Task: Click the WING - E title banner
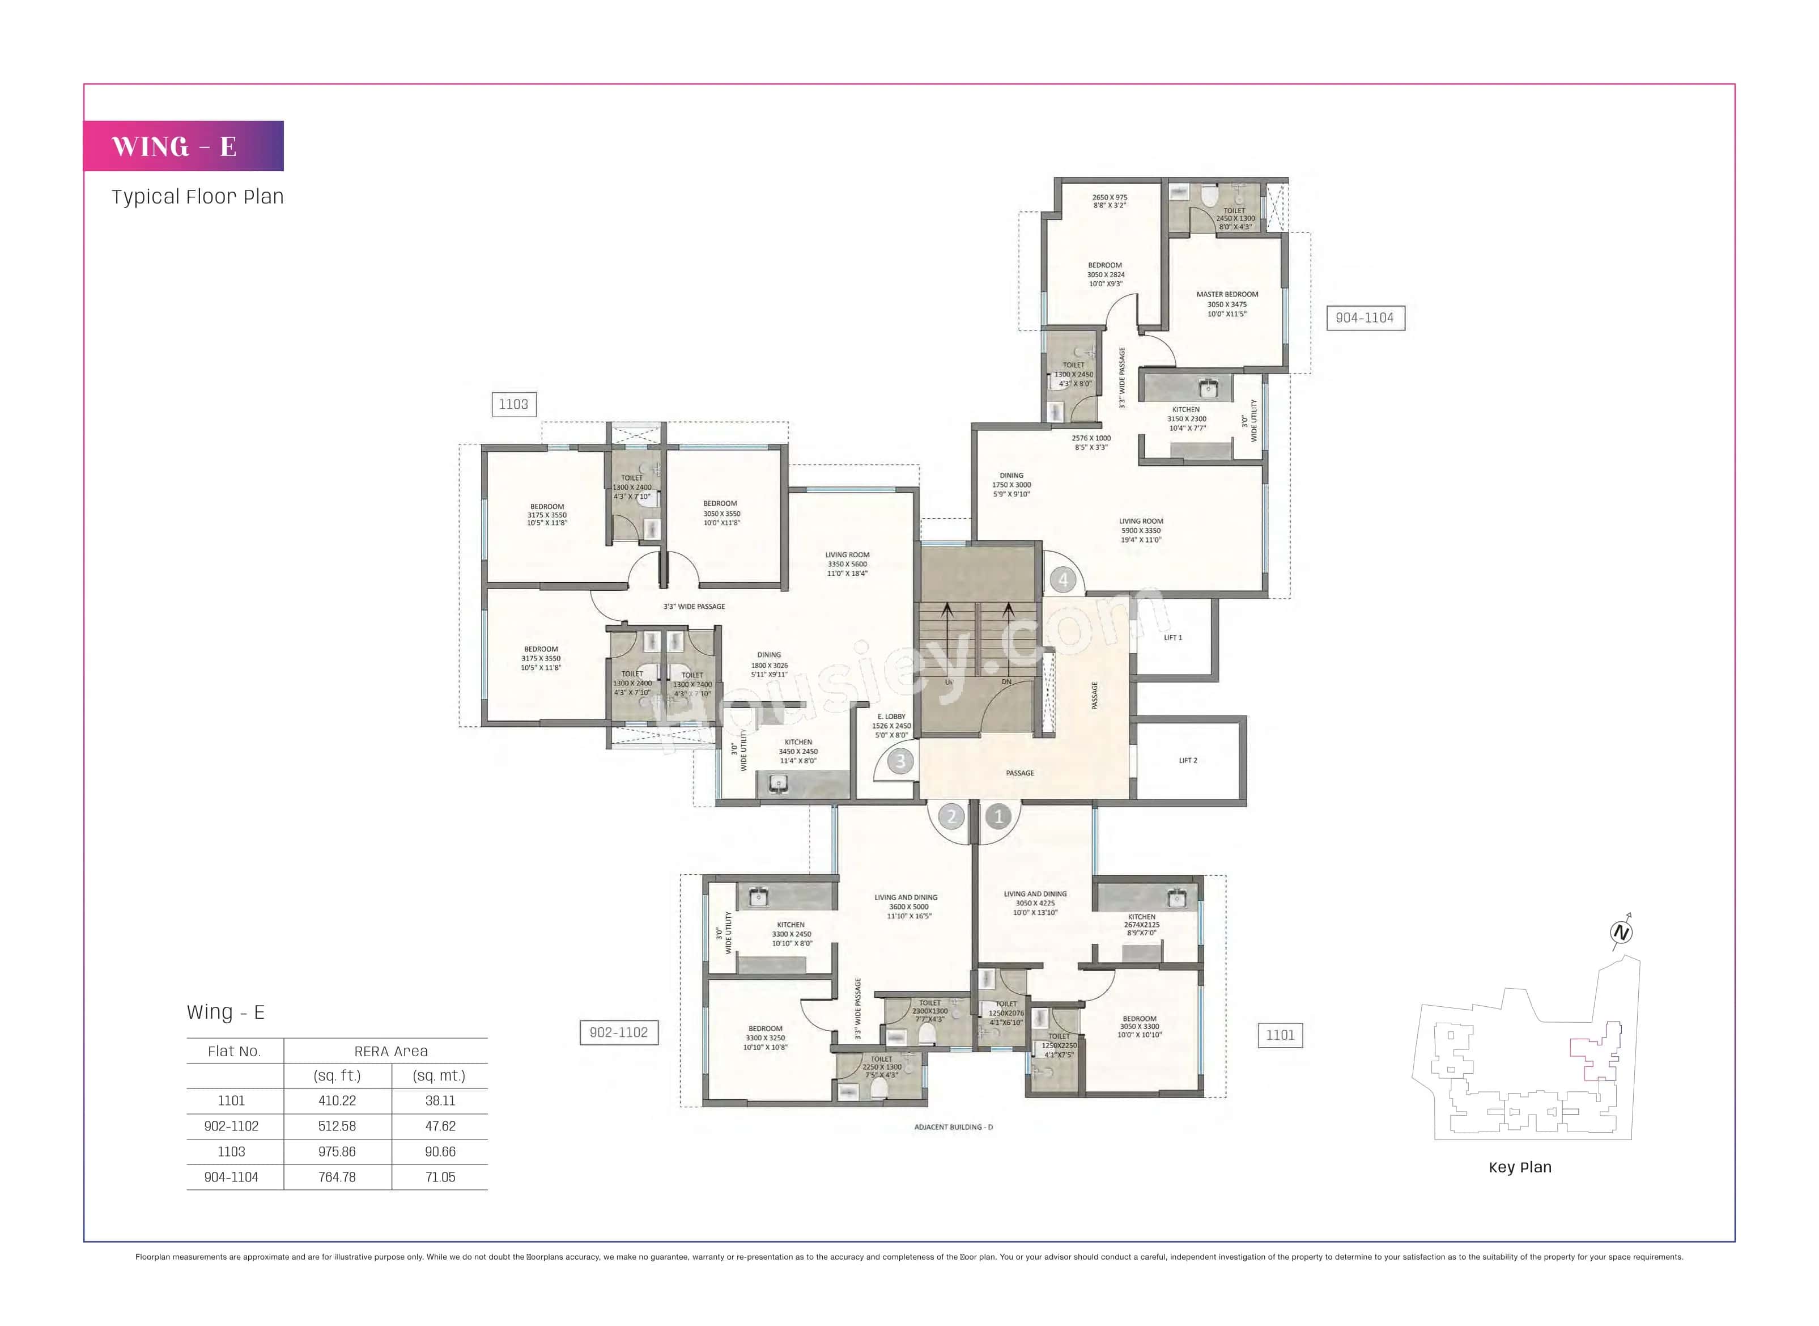(183, 146)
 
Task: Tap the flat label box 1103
(513, 405)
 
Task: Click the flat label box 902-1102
(619, 1032)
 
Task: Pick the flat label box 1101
(1280, 1035)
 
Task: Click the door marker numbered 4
(1063, 579)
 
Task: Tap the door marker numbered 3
(900, 761)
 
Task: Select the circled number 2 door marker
(951, 817)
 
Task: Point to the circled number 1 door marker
(998, 817)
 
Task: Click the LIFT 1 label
(1172, 637)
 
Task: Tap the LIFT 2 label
(1188, 760)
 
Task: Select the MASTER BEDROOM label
(1227, 295)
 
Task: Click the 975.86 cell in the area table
(337, 1152)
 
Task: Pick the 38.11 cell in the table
(440, 1102)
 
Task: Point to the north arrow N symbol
(1621, 933)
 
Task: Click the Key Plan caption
(1520, 1167)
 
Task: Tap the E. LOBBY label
(891, 717)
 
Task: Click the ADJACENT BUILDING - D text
(953, 1127)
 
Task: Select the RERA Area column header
(391, 1052)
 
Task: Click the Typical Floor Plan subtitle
(197, 197)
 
